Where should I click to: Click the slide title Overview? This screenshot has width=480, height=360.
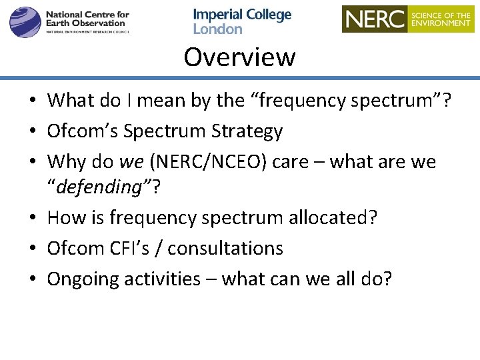tap(239, 57)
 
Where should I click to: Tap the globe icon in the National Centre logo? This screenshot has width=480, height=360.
tap(25, 21)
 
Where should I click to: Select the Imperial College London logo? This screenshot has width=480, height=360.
tap(242, 21)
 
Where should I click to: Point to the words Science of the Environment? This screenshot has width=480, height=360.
tap(441, 19)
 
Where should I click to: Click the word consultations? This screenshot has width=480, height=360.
tap(225, 249)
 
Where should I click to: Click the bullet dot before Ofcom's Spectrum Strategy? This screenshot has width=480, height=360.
tap(32, 132)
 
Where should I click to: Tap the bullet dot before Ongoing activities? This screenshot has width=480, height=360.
tap(32, 280)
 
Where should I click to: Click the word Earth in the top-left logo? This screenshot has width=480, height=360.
tap(59, 23)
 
